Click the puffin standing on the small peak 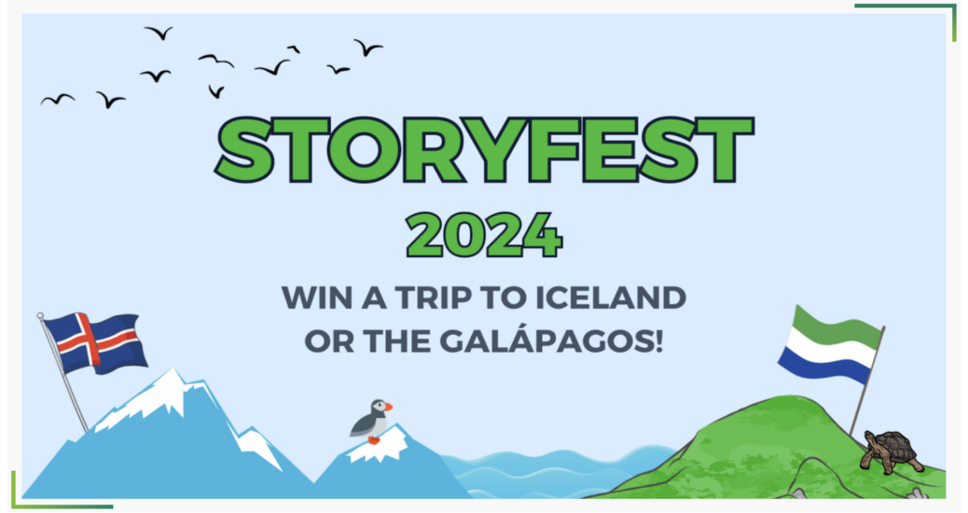click(371, 422)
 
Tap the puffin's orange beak click(387, 407)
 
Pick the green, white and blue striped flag click(829, 344)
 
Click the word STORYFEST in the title click(485, 150)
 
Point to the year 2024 click(484, 235)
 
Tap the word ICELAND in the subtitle click(611, 298)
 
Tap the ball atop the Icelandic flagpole click(40, 316)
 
